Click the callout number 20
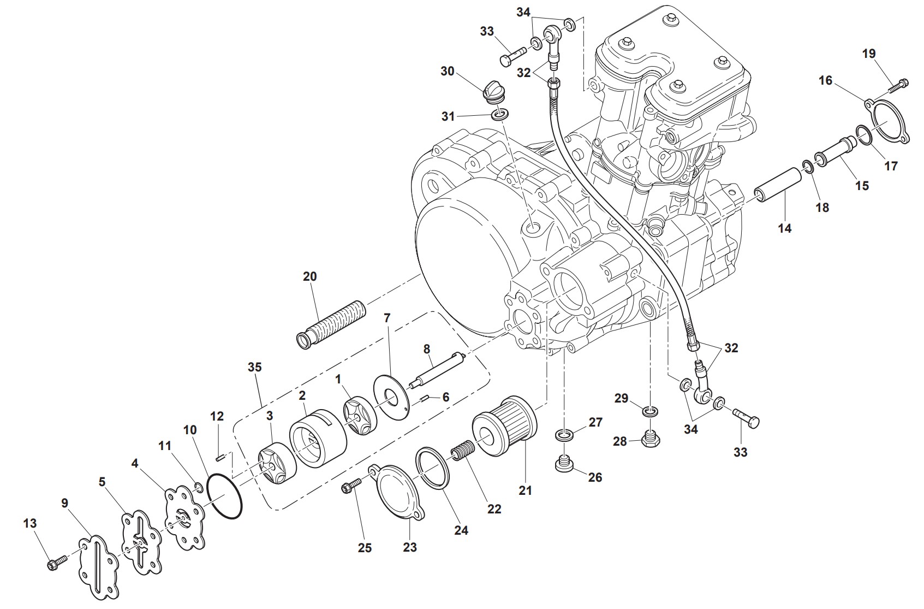tap(309, 276)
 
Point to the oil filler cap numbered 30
tap(494, 91)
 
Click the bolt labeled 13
tap(57, 563)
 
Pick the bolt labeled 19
tap(900, 85)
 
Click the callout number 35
tap(254, 367)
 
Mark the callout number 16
tap(825, 81)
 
